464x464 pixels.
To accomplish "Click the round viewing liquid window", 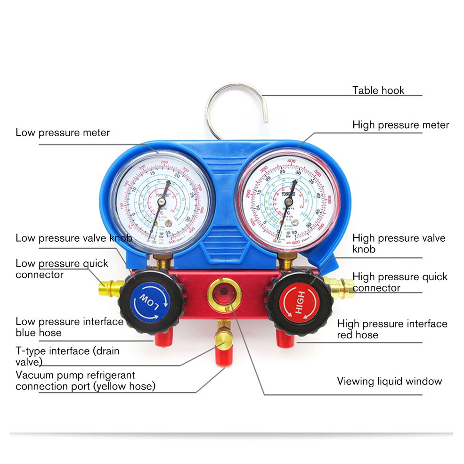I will (225, 296).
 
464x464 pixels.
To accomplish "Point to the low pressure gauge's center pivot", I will (161, 201).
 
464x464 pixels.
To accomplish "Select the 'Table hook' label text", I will (378, 90).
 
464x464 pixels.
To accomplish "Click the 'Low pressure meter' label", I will (63, 132).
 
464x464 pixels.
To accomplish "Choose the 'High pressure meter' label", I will (401, 125).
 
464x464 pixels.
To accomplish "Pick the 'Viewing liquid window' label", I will (390, 381).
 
